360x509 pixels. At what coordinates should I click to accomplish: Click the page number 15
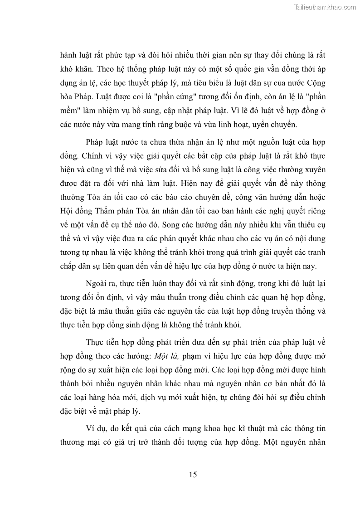pos(193,475)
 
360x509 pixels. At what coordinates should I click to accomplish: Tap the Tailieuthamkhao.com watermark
pos(325,7)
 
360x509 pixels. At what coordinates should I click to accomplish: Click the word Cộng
pos(316,82)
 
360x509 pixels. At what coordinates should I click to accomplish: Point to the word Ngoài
pos(96,283)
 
